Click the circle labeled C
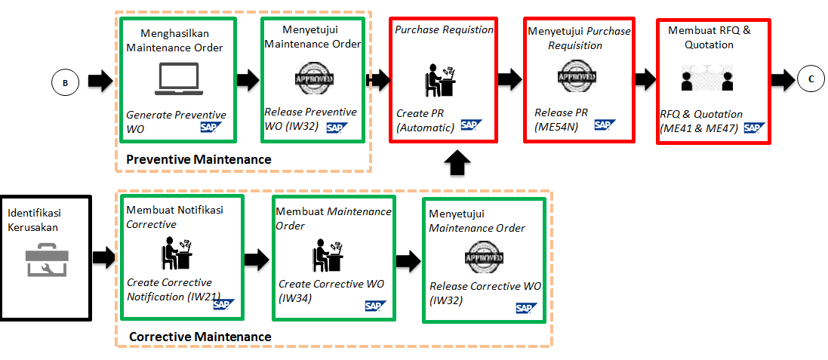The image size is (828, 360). pyautogui.click(x=810, y=78)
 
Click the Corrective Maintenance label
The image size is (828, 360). pyautogui.click(x=200, y=336)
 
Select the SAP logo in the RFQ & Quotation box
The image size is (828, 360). pyautogui.click(x=753, y=128)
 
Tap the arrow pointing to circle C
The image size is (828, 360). pyautogui.click(x=781, y=78)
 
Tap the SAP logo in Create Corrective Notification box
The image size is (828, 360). pyautogui.click(x=223, y=304)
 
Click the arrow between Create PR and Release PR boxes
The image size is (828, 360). pyautogui.click(x=509, y=78)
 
